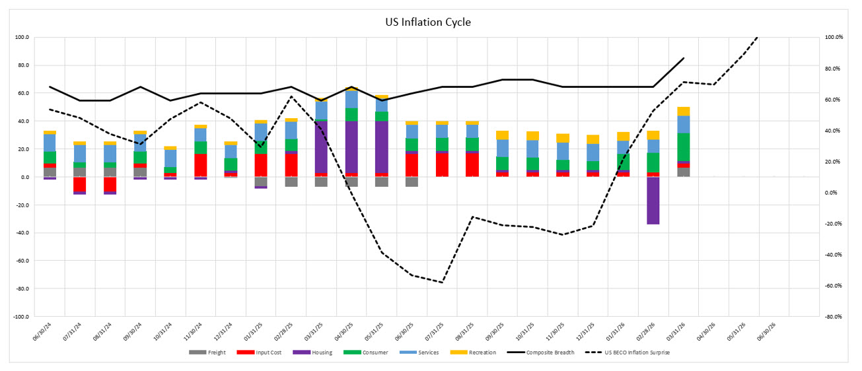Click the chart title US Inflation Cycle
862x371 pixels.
click(x=428, y=22)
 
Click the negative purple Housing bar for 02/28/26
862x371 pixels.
click(x=653, y=200)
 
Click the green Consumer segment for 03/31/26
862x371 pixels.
click(x=683, y=147)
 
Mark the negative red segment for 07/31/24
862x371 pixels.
click(x=80, y=184)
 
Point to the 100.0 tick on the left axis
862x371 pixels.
click(x=22, y=38)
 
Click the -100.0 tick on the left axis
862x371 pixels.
click(x=21, y=317)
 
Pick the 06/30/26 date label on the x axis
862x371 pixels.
click(x=780, y=329)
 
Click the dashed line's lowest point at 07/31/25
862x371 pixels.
click(x=442, y=283)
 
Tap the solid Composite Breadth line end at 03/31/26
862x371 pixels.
click(x=684, y=58)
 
